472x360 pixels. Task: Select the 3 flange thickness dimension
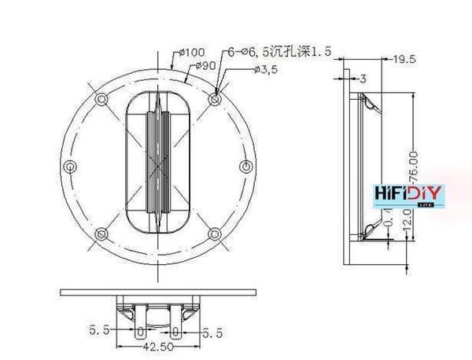tap(363, 77)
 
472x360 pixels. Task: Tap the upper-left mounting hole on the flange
tap(101, 100)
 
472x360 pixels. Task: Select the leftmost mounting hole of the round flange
tap(71, 167)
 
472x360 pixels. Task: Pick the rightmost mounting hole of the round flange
tap(245, 167)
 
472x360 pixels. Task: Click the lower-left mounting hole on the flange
tap(101, 234)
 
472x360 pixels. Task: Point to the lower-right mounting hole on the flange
tap(216, 234)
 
